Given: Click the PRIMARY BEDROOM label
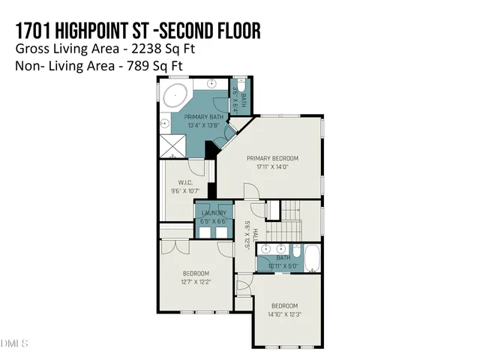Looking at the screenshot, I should [x=272, y=158].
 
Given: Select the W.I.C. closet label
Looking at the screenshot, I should [x=186, y=182].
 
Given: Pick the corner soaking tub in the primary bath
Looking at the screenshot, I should [x=176, y=96].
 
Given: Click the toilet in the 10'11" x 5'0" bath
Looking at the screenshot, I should [x=297, y=253].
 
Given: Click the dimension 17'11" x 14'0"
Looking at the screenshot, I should [x=272, y=166].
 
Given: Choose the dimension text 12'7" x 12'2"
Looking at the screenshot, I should [x=196, y=281].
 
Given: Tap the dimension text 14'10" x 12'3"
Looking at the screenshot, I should [x=284, y=314].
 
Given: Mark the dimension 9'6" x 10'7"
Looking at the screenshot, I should [x=186, y=190].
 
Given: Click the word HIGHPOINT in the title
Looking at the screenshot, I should [x=101, y=31].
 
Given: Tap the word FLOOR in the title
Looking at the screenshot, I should [x=235, y=31].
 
